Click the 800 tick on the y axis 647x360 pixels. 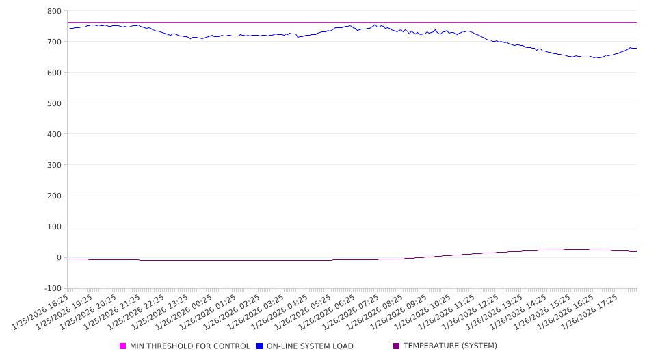(54, 11)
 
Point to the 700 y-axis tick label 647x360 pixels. (54, 42)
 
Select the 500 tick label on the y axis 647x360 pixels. (54, 103)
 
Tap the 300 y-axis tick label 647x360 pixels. (54, 165)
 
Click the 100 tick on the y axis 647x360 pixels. (54, 227)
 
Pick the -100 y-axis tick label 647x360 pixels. (52, 288)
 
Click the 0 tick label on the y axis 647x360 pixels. (58, 257)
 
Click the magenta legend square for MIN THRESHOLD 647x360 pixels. (123, 346)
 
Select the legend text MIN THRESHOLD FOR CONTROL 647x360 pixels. (189, 346)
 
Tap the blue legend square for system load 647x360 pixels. (260, 346)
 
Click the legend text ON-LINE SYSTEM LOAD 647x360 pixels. (310, 346)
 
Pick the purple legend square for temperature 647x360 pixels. (397, 346)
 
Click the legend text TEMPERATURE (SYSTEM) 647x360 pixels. (450, 346)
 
